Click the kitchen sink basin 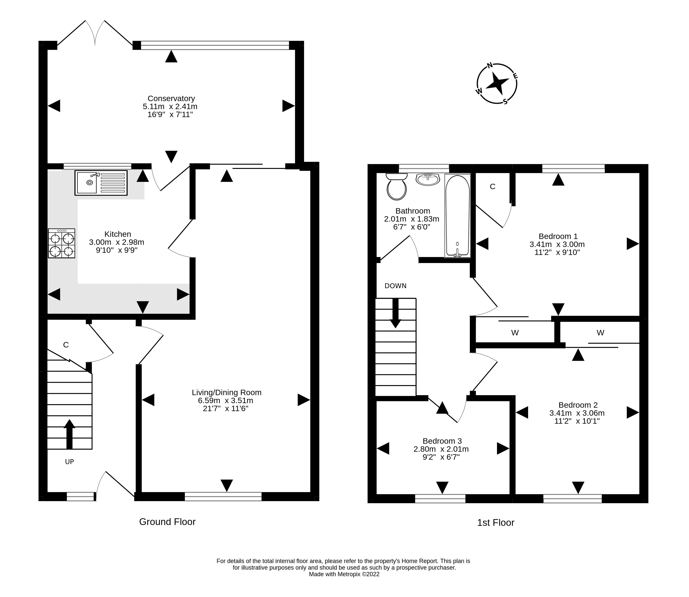click(x=87, y=183)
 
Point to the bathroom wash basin click(x=428, y=179)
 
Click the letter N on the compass click(x=490, y=65)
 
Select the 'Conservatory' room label click(x=171, y=99)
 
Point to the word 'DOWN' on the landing click(x=396, y=286)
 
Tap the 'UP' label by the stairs click(x=69, y=462)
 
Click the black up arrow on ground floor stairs click(x=69, y=434)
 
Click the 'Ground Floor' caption click(x=167, y=522)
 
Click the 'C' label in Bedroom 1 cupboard click(x=493, y=187)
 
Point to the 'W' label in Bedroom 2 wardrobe click(x=600, y=332)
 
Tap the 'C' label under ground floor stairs click(x=66, y=345)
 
